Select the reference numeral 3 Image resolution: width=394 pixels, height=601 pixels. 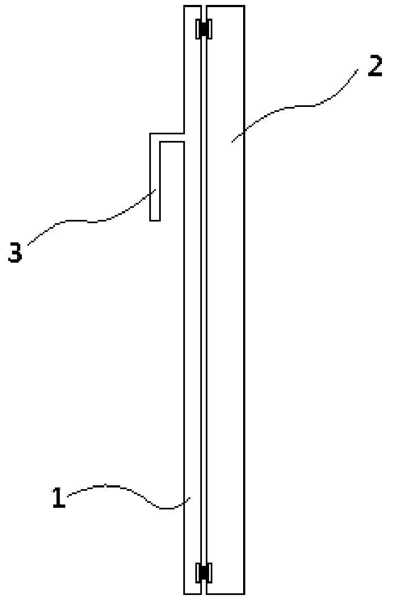(15, 253)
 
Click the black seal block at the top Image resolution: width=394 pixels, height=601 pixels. (204, 29)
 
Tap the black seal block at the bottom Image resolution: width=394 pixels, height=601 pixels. (204, 572)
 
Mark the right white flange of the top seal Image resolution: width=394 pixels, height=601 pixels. (210, 29)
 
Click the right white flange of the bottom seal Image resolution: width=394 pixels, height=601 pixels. (210, 572)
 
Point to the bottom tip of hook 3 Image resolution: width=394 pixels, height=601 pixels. (155, 220)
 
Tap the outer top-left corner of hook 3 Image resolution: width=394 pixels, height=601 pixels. (151, 133)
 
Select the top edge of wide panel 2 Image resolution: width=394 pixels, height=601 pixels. (225, 6)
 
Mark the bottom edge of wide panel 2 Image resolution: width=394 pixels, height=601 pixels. (225, 594)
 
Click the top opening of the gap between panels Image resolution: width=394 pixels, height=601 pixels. (203, 8)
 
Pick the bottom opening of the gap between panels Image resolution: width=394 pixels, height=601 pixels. (203, 592)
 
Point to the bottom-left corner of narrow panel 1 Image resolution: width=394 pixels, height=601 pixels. (184, 594)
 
